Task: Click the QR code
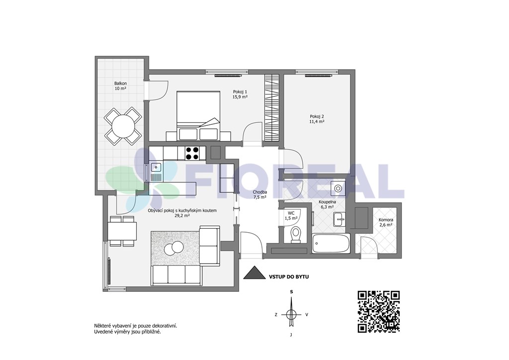click(x=378, y=312)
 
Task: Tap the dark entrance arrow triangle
click(x=255, y=272)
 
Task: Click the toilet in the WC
click(x=295, y=234)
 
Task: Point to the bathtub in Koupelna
click(x=331, y=244)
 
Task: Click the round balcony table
click(x=123, y=126)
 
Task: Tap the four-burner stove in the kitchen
click(x=192, y=153)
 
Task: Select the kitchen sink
click(x=156, y=168)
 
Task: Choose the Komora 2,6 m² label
click(x=386, y=222)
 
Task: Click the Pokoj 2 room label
click(x=317, y=119)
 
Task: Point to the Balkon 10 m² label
click(x=120, y=86)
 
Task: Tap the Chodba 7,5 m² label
click(x=259, y=194)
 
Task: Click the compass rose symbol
click(x=291, y=314)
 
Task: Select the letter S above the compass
click(x=291, y=292)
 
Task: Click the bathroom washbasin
click(x=339, y=219)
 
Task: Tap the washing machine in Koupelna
click(x=338, y=188)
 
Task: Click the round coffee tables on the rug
click(x=173, y=248)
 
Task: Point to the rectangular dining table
click(x=122, y=231)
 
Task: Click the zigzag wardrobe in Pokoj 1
click(x=272, y=108)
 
